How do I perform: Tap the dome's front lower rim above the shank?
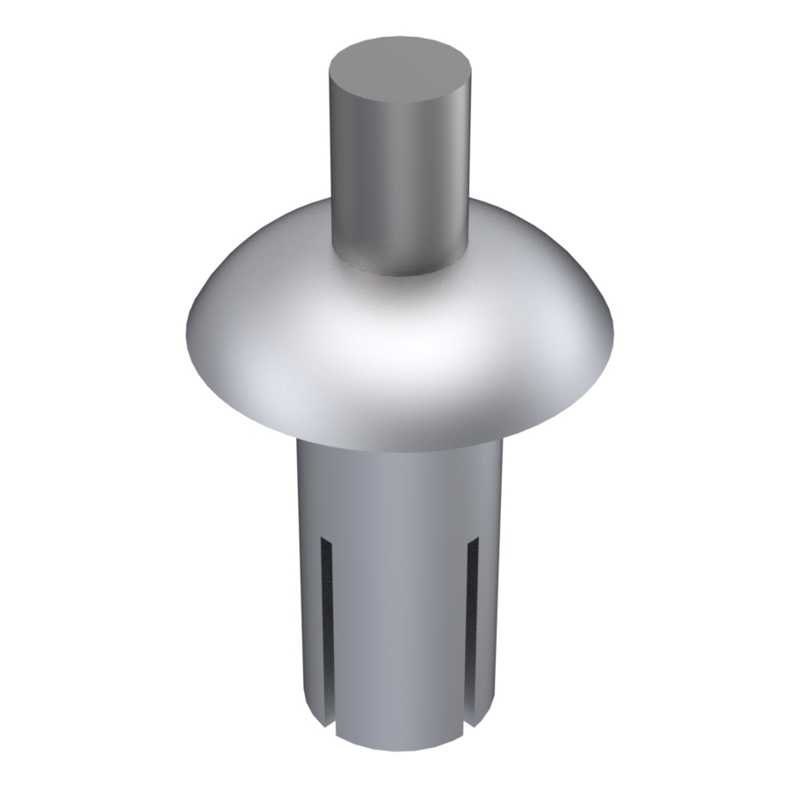point(400,439)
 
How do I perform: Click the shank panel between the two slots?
point(400,633)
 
